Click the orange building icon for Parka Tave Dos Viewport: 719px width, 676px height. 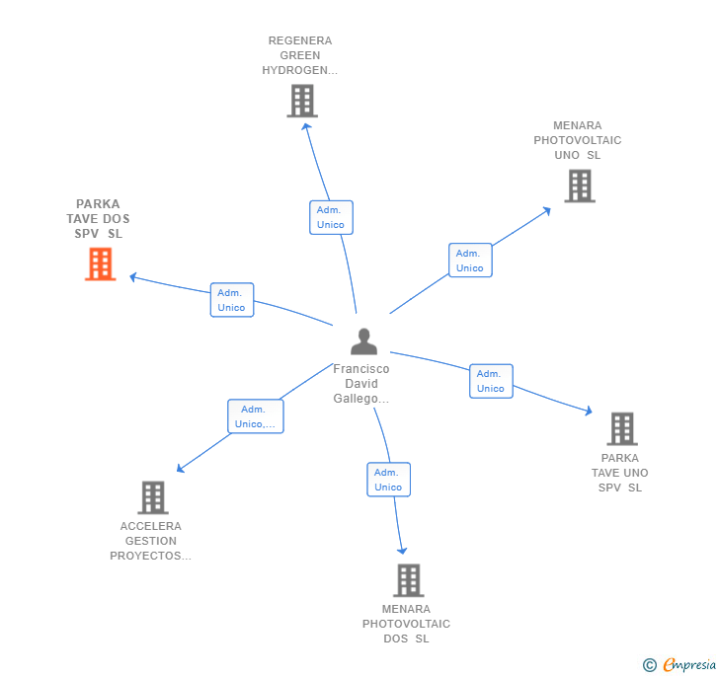[x=101, y=263]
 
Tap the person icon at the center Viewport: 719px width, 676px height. [x=363, y=341]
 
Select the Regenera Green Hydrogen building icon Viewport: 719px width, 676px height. [x=302, y=101]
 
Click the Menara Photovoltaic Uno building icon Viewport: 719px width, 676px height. [x=580, y=187]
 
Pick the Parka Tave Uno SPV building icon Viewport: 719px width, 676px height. [x=622, y=429]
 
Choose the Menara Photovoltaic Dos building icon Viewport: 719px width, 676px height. [x=409, y=580]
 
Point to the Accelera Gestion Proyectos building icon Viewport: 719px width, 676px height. [x=153, y=497]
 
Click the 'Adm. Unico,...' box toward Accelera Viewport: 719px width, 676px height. [x=256, y=416]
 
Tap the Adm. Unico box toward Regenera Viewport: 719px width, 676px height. [x=331, y=217]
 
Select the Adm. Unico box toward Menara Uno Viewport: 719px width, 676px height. [x=470, y=261]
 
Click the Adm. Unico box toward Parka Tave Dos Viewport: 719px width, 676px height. [x=232, y=300]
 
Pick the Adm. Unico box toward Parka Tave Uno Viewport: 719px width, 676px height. [x=491, y=381]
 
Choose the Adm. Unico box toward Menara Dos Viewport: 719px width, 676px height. [x=388, y=480]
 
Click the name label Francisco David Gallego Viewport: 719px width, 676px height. [x=361, y=384]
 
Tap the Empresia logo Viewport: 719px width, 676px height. [x=679, y=664]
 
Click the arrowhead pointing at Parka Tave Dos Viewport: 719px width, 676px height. [x=133, y=277]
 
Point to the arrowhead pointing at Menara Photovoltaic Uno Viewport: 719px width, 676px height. [x=546, y=211]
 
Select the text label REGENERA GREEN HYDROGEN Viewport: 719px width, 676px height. [x=300, y=55]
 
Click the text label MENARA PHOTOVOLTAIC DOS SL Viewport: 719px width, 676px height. [x=406, y=624]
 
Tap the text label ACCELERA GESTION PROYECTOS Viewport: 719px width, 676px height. [x=150, y=541]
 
